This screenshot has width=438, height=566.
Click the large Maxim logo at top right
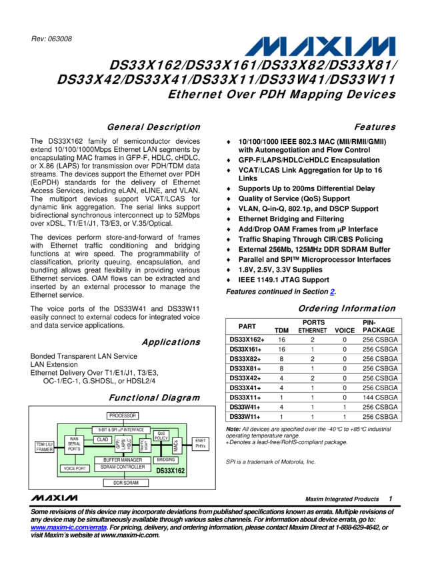(x=321, y=47)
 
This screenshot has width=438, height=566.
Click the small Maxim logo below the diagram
(x=54, y=497)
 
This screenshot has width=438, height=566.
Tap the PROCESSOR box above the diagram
(x=123, y=416)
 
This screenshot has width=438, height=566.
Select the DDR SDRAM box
(x=125, y=483)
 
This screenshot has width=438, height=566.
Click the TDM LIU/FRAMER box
(x=44, y=446)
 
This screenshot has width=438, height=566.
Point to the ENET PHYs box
(x=200, y=444)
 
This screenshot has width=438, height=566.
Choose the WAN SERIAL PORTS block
(x=74, y=445)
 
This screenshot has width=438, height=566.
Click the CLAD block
(x=103, y=439)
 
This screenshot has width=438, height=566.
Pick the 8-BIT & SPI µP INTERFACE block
(x=121, y=429)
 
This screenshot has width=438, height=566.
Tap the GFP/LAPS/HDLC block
(x=123, y=444)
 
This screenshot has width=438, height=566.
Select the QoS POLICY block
(x=161, y=435)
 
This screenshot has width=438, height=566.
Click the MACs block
(x=177, y=445)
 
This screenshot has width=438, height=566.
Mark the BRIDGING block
(x=166, y=460)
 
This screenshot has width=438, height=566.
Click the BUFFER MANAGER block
(x=122, y=460)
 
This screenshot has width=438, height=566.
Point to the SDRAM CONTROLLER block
(x=122, y=467)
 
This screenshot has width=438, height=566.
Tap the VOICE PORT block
(x=75, y=469)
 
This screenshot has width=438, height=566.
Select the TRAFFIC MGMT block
(x=145, y=444)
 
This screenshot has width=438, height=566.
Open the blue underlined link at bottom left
(x=69, y=527)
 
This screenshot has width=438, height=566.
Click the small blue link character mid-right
(x=332, y=292)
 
